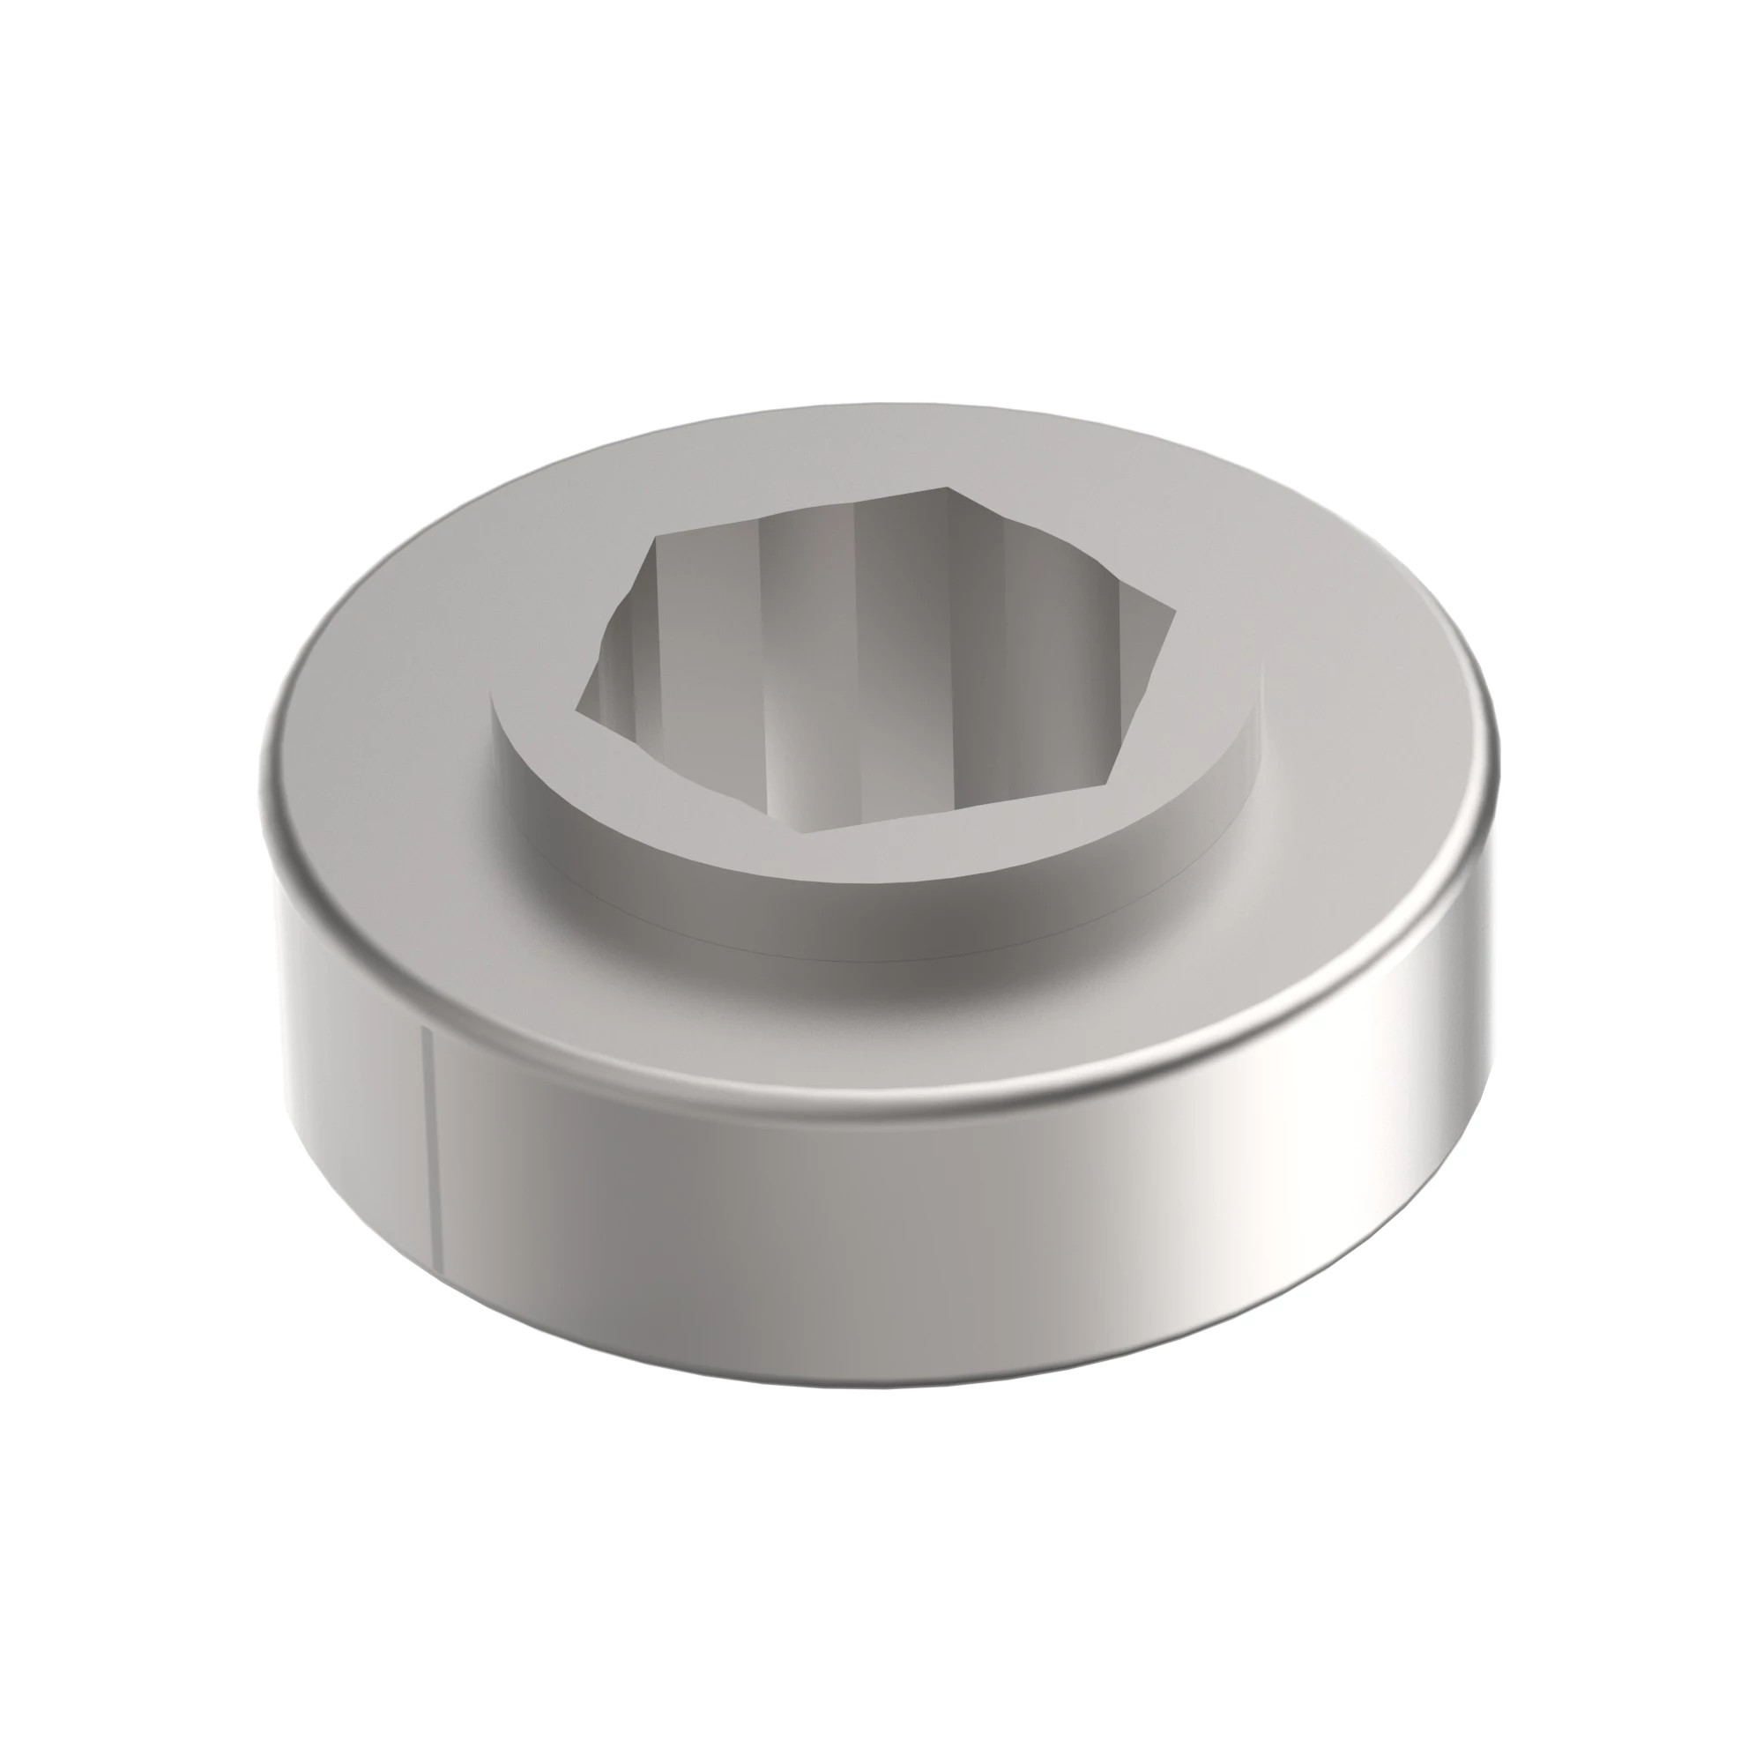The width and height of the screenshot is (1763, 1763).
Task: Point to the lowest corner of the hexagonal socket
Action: [801, 832]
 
